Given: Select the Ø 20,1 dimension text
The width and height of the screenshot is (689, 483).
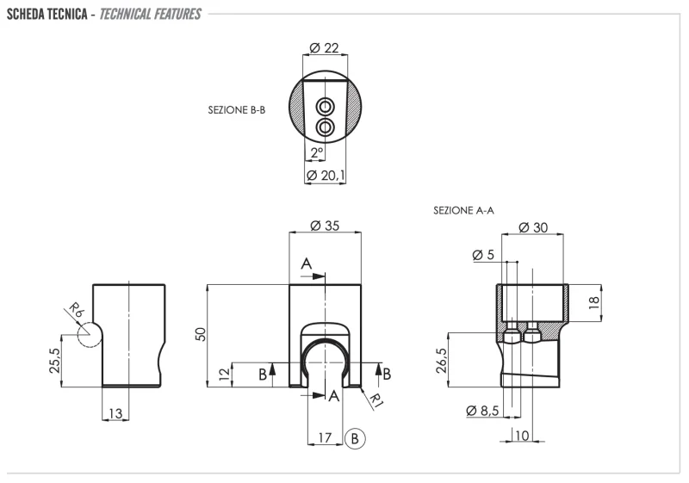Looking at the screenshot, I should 326,176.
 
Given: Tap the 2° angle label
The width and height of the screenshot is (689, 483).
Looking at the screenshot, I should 316,152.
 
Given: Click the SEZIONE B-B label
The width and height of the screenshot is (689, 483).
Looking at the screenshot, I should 236,110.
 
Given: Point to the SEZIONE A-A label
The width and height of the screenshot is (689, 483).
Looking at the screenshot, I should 463,209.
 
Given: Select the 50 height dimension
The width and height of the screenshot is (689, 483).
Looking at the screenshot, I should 202,335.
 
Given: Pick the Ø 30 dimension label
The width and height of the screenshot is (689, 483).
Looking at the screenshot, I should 535,227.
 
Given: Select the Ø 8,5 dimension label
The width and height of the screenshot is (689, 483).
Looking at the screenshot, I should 483,411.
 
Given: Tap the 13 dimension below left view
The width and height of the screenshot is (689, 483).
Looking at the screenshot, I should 115,414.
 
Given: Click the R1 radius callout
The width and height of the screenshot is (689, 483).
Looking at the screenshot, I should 376,397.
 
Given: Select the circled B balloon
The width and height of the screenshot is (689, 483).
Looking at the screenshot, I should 356,437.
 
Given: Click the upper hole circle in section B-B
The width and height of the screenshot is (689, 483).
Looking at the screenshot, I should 325,106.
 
